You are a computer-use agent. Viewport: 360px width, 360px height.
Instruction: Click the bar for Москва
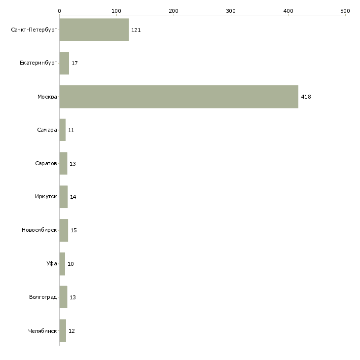179,97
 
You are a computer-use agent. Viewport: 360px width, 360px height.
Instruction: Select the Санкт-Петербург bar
94,30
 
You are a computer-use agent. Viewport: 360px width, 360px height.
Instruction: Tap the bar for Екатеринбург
64,63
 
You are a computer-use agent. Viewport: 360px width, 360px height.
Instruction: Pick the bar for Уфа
62,264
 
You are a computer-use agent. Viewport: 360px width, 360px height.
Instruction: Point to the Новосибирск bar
64,230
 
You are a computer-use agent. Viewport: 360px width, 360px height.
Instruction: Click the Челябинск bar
63,331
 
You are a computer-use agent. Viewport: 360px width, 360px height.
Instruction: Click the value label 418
306,97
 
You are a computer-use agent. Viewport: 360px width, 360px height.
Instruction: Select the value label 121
136,30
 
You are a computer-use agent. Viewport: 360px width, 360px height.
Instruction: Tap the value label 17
74,63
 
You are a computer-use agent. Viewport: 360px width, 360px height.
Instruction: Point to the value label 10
71,264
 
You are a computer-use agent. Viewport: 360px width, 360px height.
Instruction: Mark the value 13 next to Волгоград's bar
72,297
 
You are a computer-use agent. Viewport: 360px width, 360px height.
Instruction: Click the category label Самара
47,130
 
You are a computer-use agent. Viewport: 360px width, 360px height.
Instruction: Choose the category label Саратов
46,164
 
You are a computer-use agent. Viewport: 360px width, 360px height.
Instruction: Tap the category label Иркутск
46,197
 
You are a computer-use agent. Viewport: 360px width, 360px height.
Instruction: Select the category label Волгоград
43,297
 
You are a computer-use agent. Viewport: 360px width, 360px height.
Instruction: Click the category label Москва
47,97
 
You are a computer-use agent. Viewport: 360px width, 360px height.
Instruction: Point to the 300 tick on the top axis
231,10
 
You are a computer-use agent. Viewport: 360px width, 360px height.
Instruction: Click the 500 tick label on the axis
345,10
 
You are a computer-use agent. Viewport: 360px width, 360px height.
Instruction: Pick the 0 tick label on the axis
59,10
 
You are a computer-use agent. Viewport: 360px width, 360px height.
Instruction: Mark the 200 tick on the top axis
174,10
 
